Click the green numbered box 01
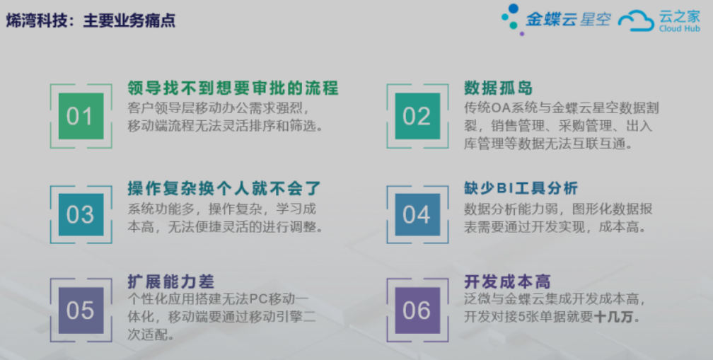click(81, 116)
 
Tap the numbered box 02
click(417, 116)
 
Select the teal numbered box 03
click(81, 214)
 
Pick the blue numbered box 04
click(417, 214)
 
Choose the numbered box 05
click(81, 310)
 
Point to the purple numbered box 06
click(417, 310)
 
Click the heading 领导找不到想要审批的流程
click(233, 88)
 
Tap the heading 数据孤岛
click(499, 88)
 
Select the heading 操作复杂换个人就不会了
click(224, 188)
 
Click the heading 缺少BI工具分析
click(521, 188)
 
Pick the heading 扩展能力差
click(170, 281)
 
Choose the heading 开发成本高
click(507, 281)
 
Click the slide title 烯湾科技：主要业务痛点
click(91, 21)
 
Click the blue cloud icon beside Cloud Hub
click(636, 21)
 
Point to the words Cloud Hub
click(680, 28)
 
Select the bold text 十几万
click(613, 317)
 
